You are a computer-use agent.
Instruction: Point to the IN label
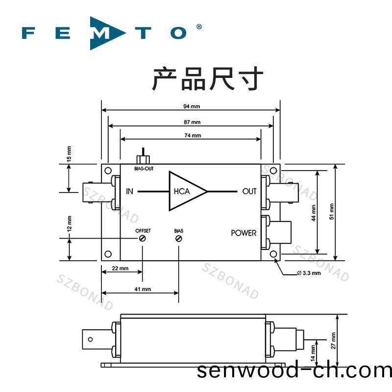pos(129,191)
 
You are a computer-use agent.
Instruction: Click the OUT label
pos(249,191)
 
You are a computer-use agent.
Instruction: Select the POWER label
pos(244,233)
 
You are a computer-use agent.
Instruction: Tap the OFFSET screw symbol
pos(143,239)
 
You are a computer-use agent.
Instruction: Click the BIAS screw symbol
pos(178,239)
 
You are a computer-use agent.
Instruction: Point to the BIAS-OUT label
pos(143,168)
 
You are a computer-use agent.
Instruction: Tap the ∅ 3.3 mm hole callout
pos(309,273)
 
